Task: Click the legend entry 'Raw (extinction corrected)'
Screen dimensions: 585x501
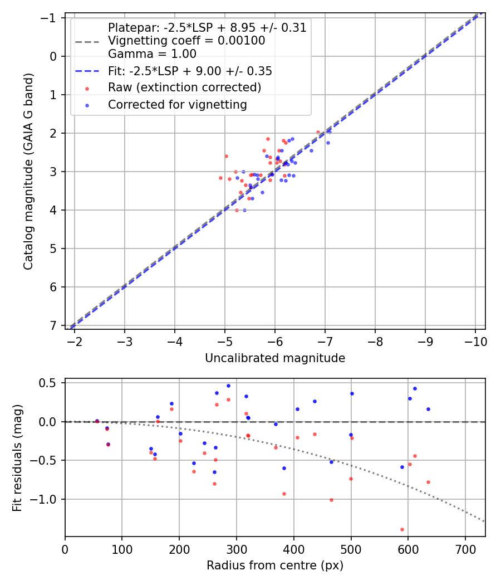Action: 184,88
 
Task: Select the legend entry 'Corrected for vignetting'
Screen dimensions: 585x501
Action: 178,105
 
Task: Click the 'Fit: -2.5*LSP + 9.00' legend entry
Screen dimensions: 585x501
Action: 190,71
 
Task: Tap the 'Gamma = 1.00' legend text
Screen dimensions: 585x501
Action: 152,54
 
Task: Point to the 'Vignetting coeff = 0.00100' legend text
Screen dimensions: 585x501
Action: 186,41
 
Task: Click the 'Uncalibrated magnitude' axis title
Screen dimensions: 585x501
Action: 275,358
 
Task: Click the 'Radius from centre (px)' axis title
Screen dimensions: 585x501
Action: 275,565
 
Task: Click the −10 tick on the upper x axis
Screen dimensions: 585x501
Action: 475,342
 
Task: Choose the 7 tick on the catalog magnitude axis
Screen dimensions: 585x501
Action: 54,325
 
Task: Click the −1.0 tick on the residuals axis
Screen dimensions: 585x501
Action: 49,499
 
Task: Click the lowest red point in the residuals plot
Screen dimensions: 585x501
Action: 402,529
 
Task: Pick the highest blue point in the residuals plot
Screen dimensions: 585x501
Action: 228,386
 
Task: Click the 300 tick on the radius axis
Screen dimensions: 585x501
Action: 237,549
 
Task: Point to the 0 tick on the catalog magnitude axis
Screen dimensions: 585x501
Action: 54,56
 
